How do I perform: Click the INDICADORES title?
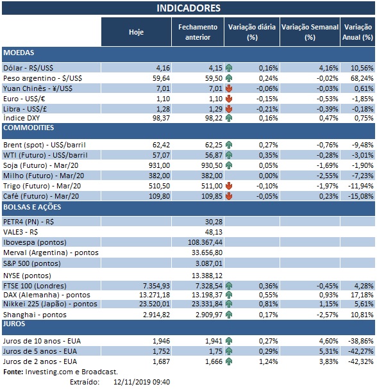pyautogui.click(x=188, y=8)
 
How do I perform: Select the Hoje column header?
pyautogui.click(x=136, y=31)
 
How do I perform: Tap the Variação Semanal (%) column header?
pyautogui.click(x=310, y=31)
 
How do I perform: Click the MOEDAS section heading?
pyautogui.click(x=19, y=52)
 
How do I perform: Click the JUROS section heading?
pyautogui.click(x=15, y=325)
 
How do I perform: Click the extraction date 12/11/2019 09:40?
pyautogui.click(x=133, y=382)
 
